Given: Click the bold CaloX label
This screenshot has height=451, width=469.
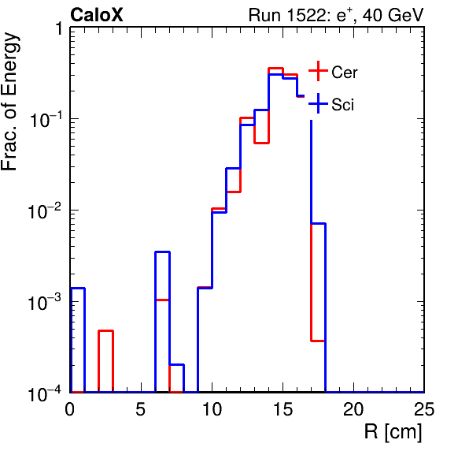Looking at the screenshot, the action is tap(96, 15).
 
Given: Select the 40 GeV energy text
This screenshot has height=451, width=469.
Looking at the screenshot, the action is tap(393, 15).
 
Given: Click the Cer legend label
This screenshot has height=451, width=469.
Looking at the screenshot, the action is tap(344, 73).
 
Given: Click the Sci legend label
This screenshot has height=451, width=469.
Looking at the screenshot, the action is tap(342, 105).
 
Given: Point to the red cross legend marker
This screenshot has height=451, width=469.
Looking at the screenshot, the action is tap(318, 71).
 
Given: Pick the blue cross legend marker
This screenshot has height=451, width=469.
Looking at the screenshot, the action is tap(318, 103).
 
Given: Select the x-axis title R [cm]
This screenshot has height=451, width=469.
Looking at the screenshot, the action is tap(393, 431).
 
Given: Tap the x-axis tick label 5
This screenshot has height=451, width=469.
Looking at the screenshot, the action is tap(140, 408).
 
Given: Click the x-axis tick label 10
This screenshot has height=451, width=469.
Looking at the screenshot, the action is tap(212, 408).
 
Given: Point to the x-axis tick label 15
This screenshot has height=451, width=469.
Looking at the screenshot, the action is tap(283, 408).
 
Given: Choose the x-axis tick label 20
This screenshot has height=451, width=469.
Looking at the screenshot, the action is tap(353, 408).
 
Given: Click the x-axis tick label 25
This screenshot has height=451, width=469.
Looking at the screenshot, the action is tap(424, 408).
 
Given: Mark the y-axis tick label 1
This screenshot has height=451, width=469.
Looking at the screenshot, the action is tap(58, 29).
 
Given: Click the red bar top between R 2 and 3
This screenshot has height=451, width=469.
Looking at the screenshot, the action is tap(106, 331).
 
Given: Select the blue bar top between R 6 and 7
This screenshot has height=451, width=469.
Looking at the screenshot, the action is tap(162, 252).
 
